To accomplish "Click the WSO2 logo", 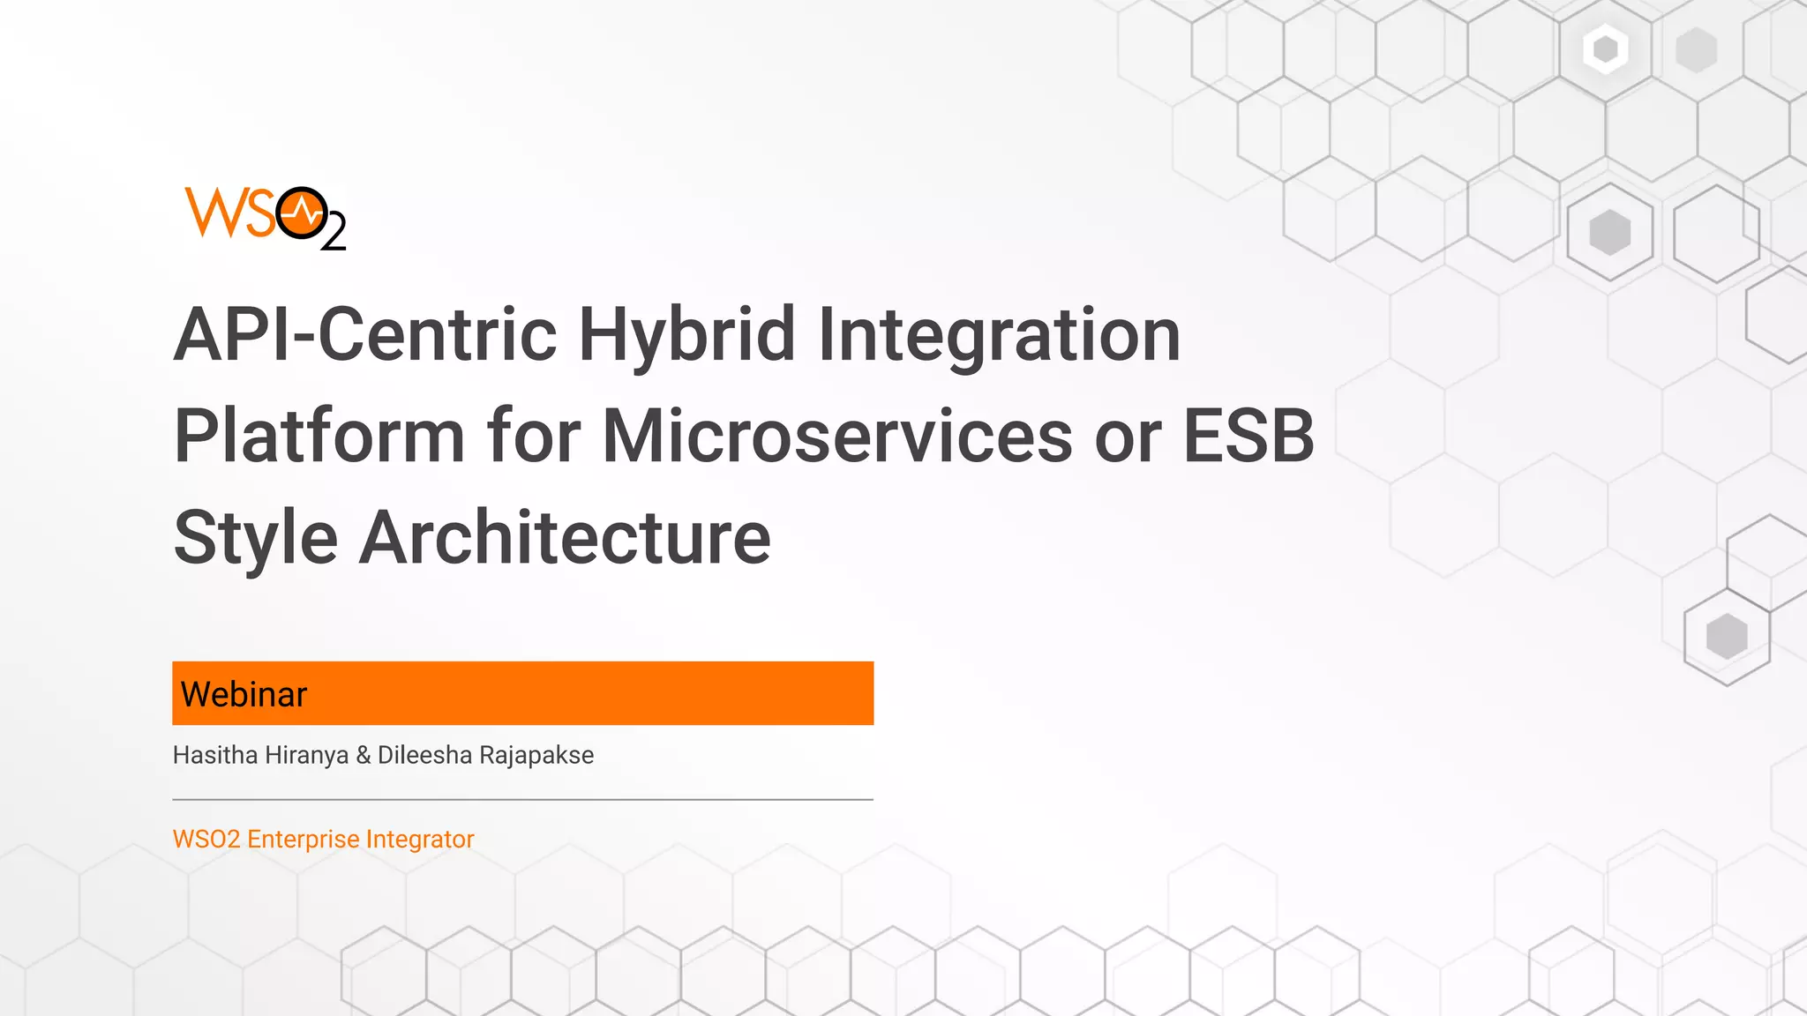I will pos(265,217).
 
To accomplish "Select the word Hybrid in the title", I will pos(687,335).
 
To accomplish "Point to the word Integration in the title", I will pos(999,335).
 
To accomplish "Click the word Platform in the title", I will pos(319,436).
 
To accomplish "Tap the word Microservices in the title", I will pos(837,436).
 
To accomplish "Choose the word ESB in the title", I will pos(1248,436).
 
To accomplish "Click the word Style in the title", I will pos(256,538).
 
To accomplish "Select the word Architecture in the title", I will pos(565,538).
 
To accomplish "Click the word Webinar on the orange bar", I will pos(244,695).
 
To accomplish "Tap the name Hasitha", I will pos(215,755).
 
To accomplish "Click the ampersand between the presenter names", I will pos(364,755).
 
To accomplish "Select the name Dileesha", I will pos(424,755).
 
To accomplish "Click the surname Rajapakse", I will pos(536,755).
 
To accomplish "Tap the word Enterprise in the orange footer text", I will pos(304,839).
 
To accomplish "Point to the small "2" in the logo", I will pos(334,235).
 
